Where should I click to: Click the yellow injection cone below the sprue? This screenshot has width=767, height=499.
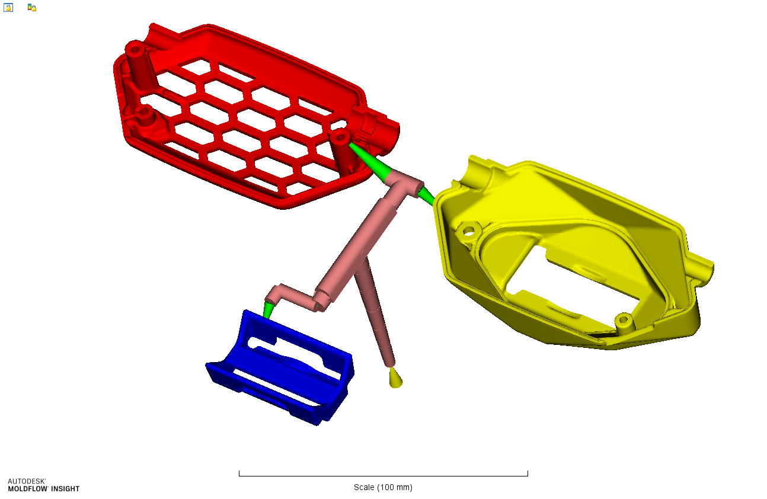(395, 378)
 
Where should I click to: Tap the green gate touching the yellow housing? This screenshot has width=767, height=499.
(426, 194)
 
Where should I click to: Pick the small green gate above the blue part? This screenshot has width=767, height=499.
(269, 309)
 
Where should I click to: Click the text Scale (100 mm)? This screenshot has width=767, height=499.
(383, 487)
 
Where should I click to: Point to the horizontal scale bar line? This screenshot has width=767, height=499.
(383, 475)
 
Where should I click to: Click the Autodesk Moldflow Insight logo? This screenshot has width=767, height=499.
(43, 485)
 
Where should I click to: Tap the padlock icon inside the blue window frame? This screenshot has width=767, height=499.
(8, 8)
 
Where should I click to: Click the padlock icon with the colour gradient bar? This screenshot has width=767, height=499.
(32, 8)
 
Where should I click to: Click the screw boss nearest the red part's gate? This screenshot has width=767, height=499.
(340, 139)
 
